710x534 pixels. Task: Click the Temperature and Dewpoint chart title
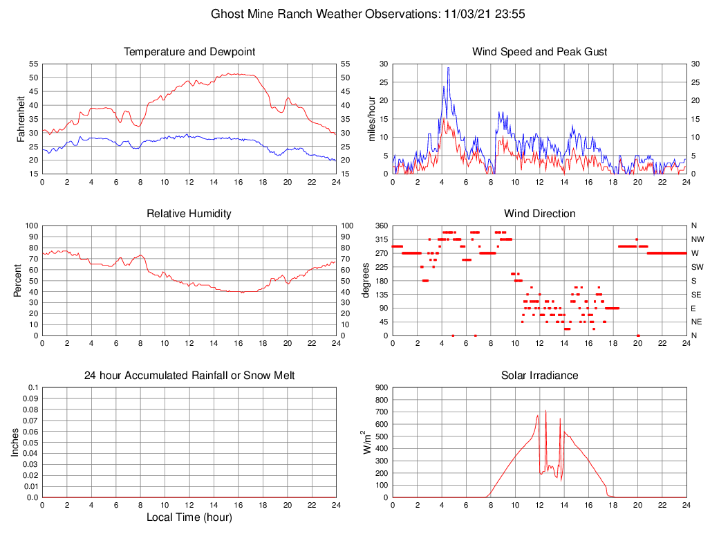pos(189,52)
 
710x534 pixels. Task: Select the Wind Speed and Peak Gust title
pos(539,52)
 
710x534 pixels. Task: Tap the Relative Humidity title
pos(189,214)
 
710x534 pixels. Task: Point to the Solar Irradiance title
pos(539,376)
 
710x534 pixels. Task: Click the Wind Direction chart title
pos(539,214)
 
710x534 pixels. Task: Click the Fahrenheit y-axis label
pos(21,118)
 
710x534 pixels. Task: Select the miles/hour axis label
pos(372,118)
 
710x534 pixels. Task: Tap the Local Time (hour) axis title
pos(189,517)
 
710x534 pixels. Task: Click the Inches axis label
pos(15,442)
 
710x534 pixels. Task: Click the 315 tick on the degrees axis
pos(380,239)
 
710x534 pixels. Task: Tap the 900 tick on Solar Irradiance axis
pos(380,387)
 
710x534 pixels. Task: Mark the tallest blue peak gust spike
pos(448,68)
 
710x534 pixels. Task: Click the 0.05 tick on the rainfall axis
pos(31,442)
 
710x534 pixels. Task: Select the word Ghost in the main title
pos(227,14)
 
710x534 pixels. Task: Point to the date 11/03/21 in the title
pos(465,14)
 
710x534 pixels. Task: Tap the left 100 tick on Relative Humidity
pos(30,225)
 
